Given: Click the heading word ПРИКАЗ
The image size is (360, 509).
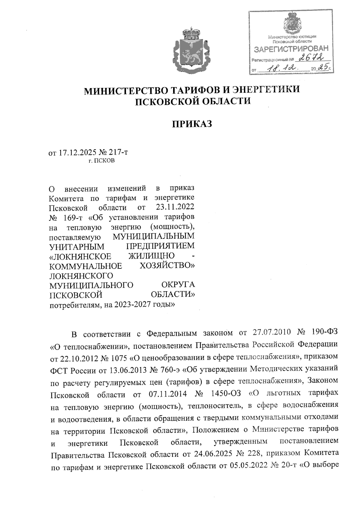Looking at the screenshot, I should point(192,124).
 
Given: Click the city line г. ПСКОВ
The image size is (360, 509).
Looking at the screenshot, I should point(101,161).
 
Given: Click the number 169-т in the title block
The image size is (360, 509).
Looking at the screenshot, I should point(69,217).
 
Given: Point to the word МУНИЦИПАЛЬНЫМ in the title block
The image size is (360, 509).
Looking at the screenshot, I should point(154,236).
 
